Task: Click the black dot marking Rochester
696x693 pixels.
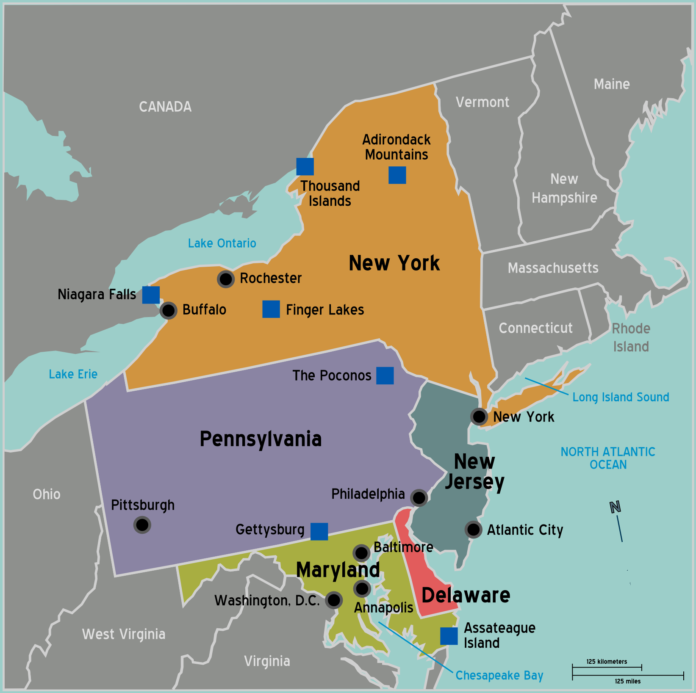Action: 226,279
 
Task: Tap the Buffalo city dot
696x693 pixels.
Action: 168,310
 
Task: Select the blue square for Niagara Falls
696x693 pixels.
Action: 151,295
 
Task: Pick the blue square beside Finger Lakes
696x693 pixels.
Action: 271,309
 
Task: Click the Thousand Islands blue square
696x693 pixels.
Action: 305,166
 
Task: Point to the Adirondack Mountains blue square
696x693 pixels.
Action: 397,175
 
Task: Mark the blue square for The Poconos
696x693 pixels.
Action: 385,375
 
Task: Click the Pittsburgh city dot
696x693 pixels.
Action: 142,525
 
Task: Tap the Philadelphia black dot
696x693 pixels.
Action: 419,497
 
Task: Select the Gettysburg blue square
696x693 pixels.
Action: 319,531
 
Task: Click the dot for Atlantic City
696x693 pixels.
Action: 473,529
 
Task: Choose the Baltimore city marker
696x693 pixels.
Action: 361,552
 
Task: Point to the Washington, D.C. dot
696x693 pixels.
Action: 334,600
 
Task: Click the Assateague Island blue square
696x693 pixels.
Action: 449,636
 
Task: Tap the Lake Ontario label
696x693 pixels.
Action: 222,243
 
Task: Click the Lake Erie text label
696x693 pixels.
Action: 73,374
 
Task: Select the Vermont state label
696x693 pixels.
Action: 482,102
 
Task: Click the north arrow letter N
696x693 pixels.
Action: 615,507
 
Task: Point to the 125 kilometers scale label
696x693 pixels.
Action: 607,661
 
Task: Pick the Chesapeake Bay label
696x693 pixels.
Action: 499,675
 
